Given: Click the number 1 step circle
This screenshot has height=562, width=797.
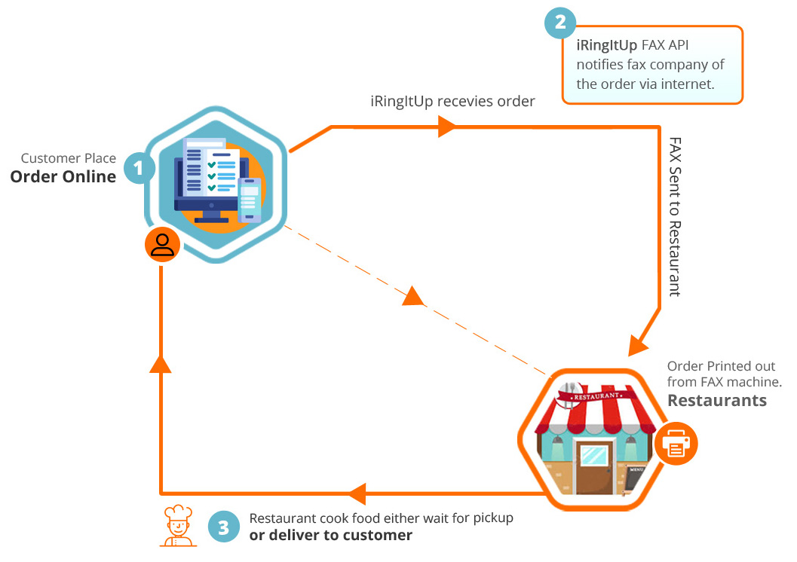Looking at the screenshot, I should [x=139, y=168].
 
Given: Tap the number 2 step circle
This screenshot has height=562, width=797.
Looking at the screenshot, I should [x=560, y=23].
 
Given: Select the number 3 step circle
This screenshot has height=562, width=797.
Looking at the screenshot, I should [x=223, y=527].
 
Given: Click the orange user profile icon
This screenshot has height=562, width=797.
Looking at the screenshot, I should [x=162, y=244].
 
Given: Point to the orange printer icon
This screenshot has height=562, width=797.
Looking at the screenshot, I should [x=676, y=444].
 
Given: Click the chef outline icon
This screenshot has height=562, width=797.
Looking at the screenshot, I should [x=179, y=525].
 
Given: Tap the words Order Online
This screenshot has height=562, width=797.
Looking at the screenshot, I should [x=63, y=177].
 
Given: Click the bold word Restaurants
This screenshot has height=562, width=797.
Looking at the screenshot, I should [x=716, y=400].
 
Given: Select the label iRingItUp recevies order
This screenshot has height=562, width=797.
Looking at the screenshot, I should [x=452, y=102].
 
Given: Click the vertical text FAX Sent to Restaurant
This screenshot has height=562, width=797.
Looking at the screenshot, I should [x=675, y=216].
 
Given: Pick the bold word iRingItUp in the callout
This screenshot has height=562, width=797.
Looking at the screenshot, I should [x=606, y=45].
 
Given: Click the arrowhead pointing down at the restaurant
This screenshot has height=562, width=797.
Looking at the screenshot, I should [x=637, y=344].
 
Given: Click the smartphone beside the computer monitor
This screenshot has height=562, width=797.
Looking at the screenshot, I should [x=250, y=200].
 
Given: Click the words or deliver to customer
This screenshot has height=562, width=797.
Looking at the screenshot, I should [x=330, y=536].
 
